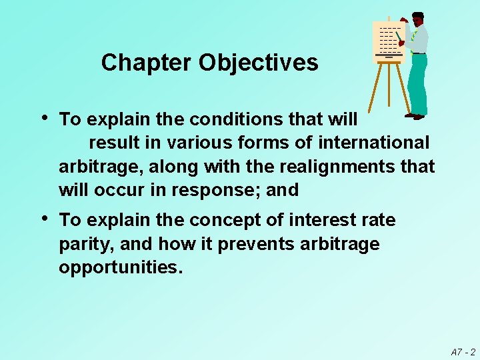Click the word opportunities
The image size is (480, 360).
coord(120,268)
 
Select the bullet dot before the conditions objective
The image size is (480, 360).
coord(44,118)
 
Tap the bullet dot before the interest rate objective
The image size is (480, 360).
coord(44,219)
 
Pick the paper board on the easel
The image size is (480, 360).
coord(387,40)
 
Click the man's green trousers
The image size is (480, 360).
coord(418,83)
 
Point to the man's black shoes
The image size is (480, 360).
coord(415,116)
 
